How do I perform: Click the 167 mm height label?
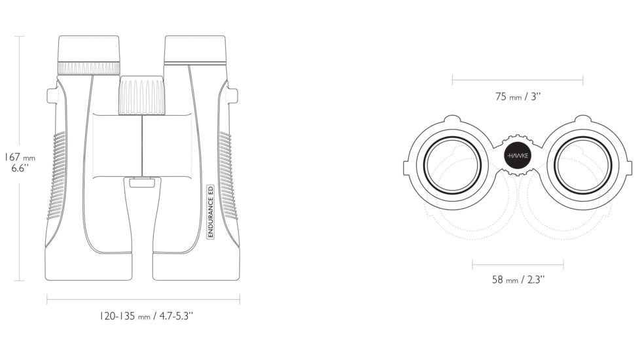coord(19,156)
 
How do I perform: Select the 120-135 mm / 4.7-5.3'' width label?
coord(146,316)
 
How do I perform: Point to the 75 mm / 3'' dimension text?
coord(518,97)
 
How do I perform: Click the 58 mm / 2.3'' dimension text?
coord(518,279)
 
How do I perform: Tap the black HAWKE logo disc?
coord(518,156)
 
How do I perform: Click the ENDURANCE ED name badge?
coord(211,211)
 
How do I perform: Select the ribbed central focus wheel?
coord(143,95)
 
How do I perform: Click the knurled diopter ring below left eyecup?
coord(89,68)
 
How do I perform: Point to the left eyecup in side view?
coord(89,48)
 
